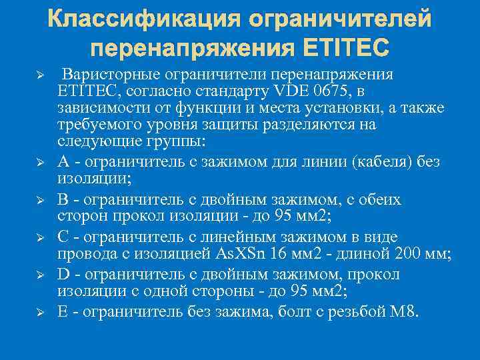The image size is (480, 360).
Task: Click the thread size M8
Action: (404, 311)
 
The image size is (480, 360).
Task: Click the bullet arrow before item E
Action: (39, 312)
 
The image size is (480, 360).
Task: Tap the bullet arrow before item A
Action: (39, 161)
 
